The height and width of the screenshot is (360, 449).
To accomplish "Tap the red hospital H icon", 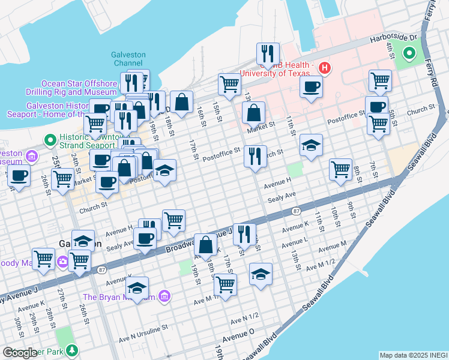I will [325, 67].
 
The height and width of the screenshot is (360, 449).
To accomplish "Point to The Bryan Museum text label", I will [119, 297].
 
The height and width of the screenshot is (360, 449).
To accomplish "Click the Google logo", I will [20, 353].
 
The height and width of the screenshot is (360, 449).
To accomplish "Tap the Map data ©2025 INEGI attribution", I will [413, 355].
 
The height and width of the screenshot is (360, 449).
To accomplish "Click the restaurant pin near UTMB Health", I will [268, 53].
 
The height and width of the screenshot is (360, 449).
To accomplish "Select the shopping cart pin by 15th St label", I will [229, 85].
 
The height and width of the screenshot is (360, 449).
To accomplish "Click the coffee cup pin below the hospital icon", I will [311, 86].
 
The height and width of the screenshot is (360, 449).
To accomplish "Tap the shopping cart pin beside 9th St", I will [340, 169].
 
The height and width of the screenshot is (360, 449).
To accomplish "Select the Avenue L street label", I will [294, 241].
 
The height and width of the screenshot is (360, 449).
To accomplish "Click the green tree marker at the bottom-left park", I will [72, 349].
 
